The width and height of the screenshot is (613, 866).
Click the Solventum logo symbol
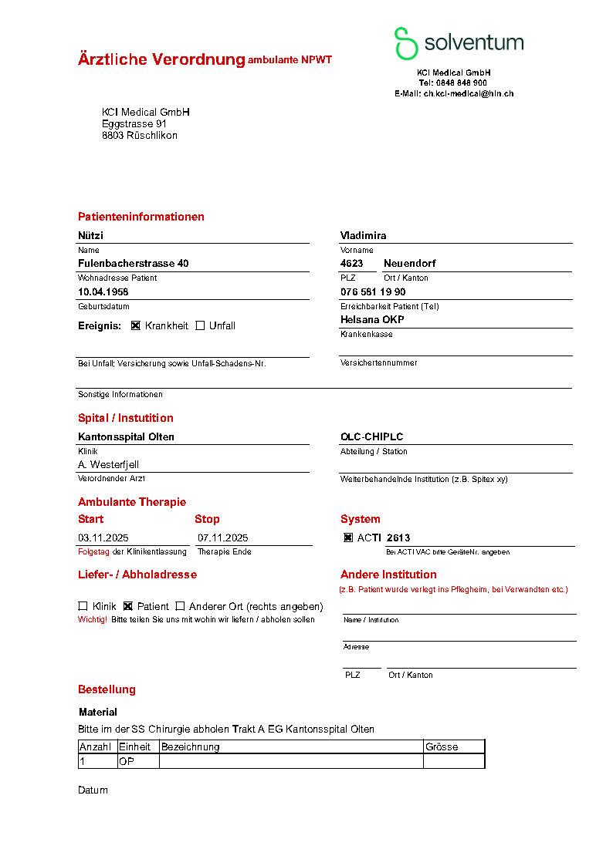pos(406,43)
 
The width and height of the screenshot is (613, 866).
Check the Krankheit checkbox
pos(136,325)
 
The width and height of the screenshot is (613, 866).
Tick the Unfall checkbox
pos(200,325)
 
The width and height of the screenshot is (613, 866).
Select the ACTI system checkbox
pos(348,537)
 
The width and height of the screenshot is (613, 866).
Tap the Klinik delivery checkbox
pos(83,606)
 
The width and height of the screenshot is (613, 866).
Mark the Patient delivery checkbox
pos(128,606)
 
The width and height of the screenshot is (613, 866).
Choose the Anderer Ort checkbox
pos(180,606)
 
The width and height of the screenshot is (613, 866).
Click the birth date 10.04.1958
pos(103,292)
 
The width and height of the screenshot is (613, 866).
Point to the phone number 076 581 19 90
pos(373,292)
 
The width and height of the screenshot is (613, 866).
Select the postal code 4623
pos(352,263)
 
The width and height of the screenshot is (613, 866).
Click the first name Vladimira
pos(363,235)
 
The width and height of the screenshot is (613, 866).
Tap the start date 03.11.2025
pos(104,537)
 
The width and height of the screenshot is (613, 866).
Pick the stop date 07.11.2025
pos(222,537)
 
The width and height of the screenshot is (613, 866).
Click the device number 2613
pos(398,537)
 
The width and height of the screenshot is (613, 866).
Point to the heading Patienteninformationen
pos(141,217)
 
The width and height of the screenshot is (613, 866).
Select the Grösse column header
pos(442,746)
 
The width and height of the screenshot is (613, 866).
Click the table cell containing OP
pos(127,761)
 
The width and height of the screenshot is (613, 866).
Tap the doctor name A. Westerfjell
pos(108,464)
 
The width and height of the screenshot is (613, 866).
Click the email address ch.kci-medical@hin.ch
pos(468,93)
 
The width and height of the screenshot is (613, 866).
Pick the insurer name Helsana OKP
pos(372,319)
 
